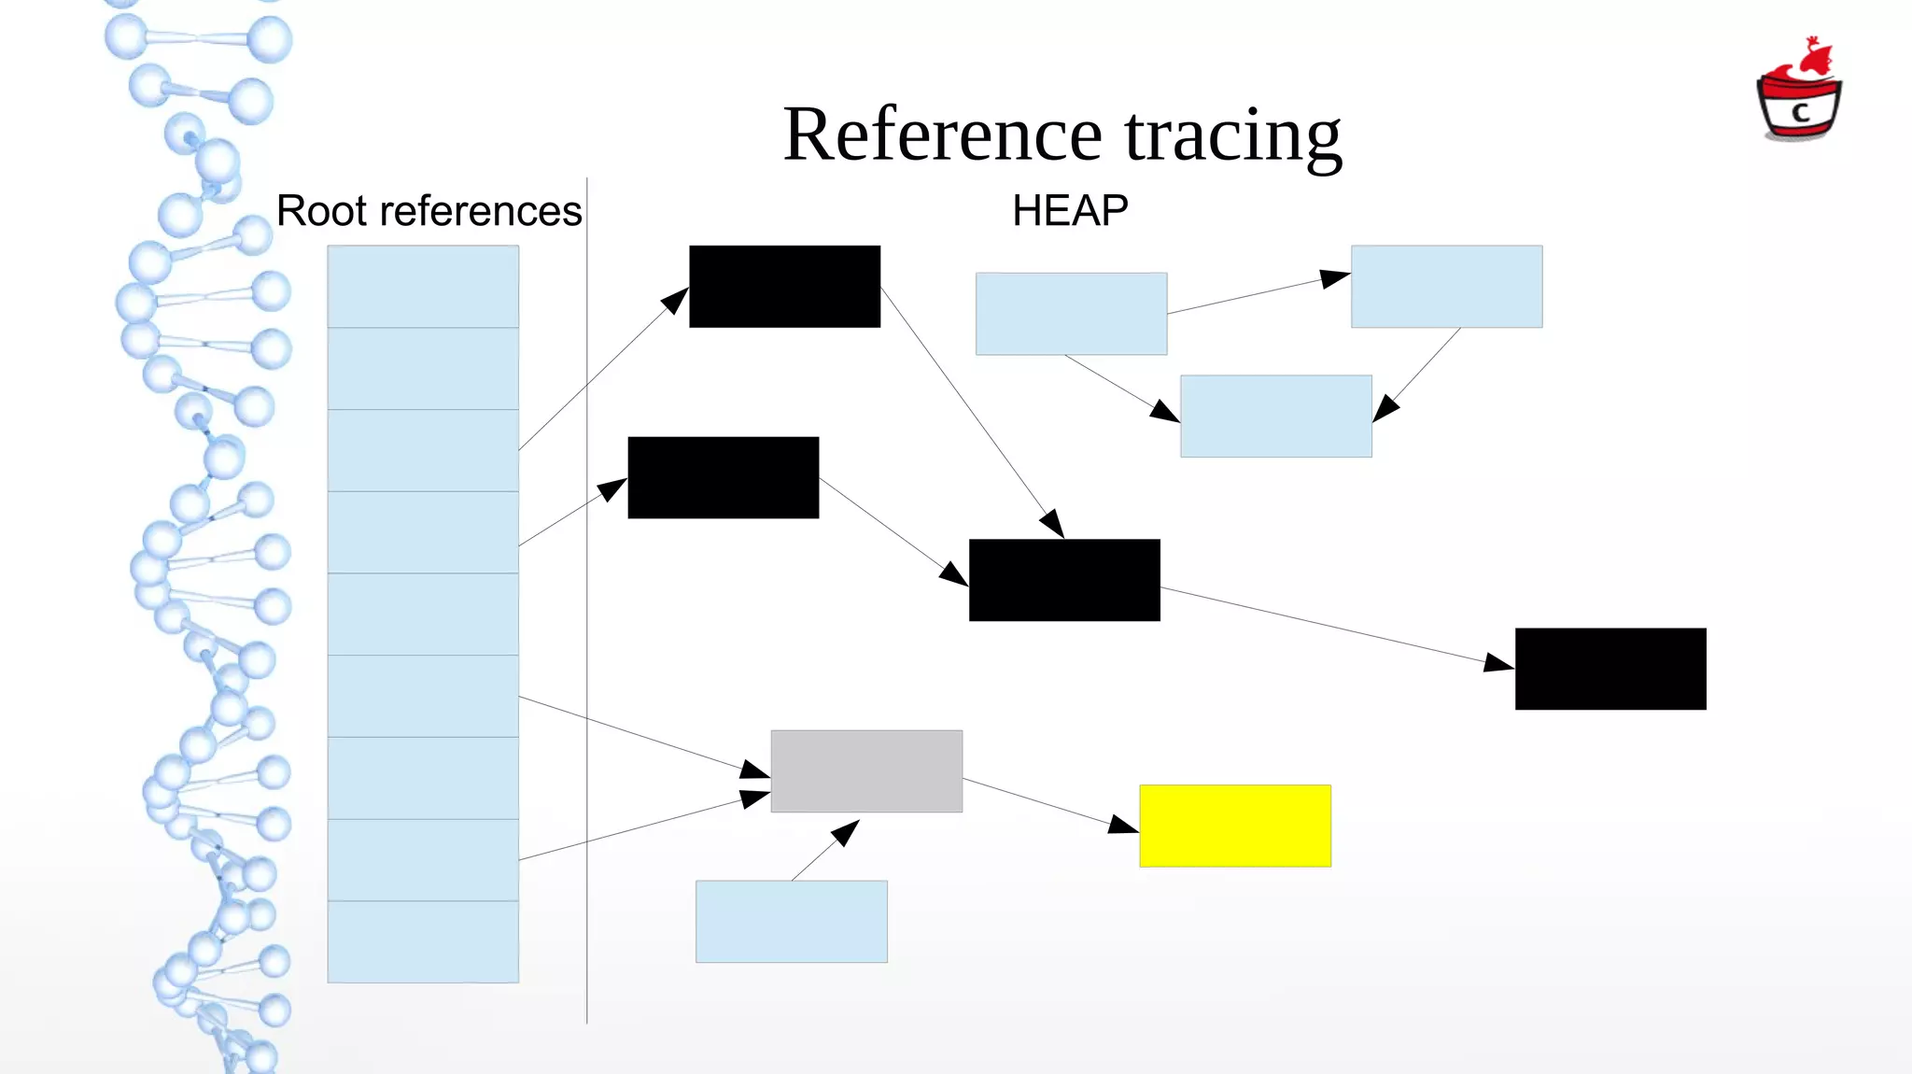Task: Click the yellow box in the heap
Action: click(x=1234, y=826)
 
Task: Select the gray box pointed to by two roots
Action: click(x=866, y=771)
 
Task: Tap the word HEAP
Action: click(x=1070, y=211)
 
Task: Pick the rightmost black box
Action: click(x=1610, y=669)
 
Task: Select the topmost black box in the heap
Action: click(x=784, y=287)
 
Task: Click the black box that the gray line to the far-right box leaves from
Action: click(x=1064, y=580)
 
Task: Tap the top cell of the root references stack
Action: click(x=423, y=287)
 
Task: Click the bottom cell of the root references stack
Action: click(x=423, y=941)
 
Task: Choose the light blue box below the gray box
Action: click(x=791, y=922)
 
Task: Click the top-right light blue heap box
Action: click(x=1446, y=287)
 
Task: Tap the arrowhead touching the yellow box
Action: click(x=1123, y=825)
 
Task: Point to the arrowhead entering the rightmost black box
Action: click(x=1498, y=663)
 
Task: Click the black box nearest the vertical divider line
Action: click(x=724, y=477)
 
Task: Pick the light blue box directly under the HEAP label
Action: click(x=1071, y=314)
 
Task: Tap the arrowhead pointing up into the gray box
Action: click(x=846, y=830)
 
